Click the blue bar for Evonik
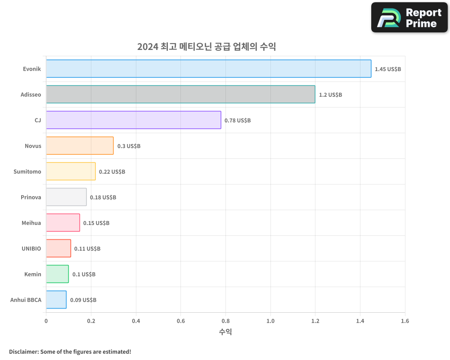coord(208,69)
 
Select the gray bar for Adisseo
coord(180,94)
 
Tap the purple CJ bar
coord(133,120)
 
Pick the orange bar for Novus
coord(80,146)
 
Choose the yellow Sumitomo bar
coord(71,171)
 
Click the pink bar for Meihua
coord(63,223)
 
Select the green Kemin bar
coord(57,274)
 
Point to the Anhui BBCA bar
coord(56,300)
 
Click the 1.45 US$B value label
coord(387,69)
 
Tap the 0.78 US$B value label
coord(238,121)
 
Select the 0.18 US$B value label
coord(103,198)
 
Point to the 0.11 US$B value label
coord(87,249)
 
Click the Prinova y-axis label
coord(31,197)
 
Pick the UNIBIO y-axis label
coord(31,248)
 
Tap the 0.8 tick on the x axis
coord(225,321)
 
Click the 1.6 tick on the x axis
coord(405,321)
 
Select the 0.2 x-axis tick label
coord(91,321)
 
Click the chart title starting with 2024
coord(207,47)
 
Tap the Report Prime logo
coord(409,18)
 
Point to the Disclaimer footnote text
coord(70,351)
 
